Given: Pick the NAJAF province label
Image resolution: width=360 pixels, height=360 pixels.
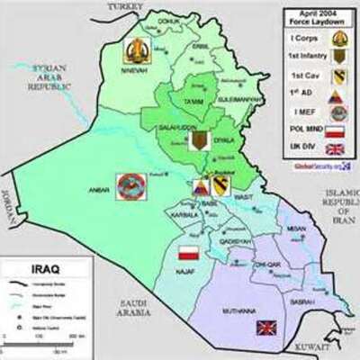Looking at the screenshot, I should (184, 268).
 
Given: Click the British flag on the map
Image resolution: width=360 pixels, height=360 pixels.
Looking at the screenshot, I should (267, 328).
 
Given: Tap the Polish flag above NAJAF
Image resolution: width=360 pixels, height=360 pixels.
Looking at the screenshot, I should (188, 251).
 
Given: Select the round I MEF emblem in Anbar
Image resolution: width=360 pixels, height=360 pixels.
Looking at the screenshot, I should (130, 187).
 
